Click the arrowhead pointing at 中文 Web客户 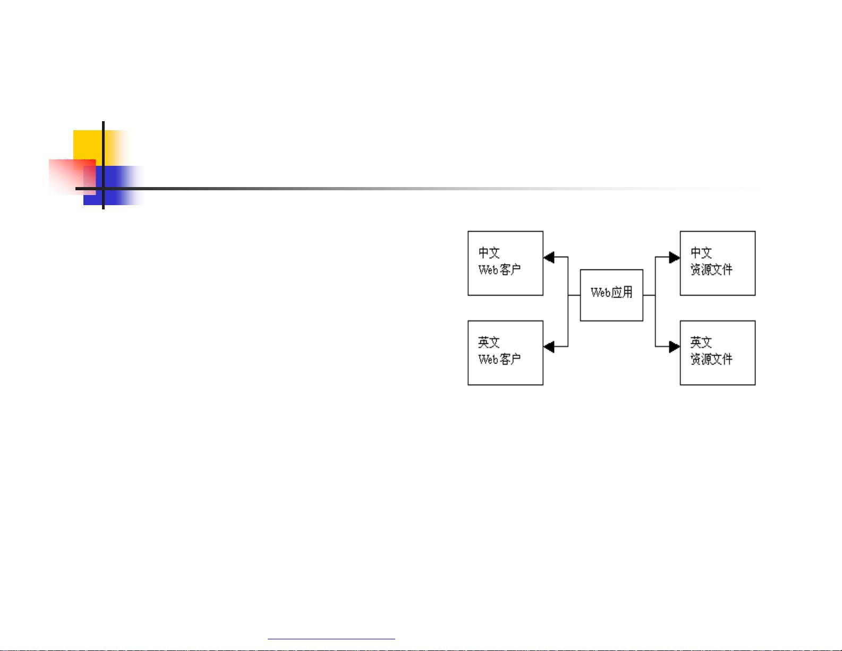(549, 257)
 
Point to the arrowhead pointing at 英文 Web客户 (549, 347)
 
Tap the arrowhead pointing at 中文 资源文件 (675, 257)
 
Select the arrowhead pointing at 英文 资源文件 (675, 347)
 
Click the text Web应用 (611, 293)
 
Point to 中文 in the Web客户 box (489, 252)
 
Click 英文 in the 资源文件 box (701, 342)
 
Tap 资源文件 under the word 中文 (711, 270)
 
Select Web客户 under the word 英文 (499, 359)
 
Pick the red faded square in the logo (72, 176)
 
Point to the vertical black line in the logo (104, 165)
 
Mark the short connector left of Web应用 (574, 295)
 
